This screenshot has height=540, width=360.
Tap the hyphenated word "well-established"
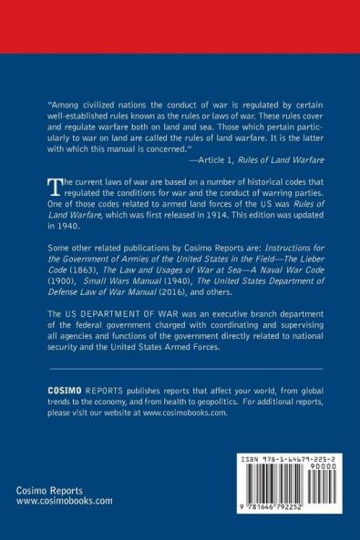tap(81, 116)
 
